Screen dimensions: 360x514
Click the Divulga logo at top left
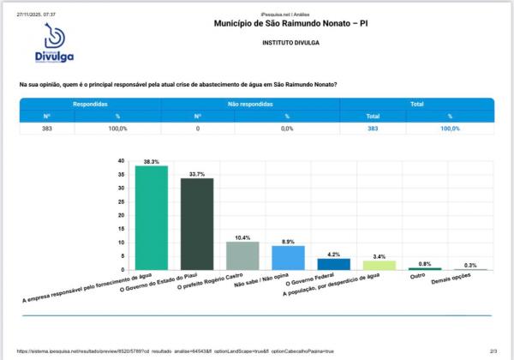coord(55,43)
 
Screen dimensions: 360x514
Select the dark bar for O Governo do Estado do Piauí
coord(196,224)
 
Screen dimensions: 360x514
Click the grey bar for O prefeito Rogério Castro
coord(242,255)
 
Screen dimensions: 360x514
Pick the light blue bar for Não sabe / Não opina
coord(288,258)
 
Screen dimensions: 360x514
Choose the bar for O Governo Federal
coord(333,264)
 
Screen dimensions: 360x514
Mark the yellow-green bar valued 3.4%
coord(379,265)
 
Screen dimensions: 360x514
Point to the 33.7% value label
coord(196,174)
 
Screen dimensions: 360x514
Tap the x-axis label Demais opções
coord(451,282)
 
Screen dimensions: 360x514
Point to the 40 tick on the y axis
coord(122,160)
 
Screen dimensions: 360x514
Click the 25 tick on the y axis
coord(122,201)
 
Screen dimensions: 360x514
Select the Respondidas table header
coord(90,103)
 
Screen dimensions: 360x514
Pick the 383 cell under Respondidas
coord(47,128)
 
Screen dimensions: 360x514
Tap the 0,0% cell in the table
coord(287,128)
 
